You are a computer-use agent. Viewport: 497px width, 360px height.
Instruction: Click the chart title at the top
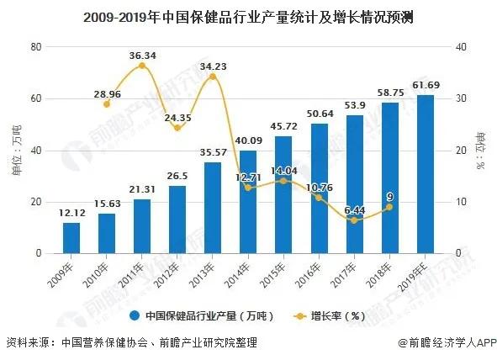click(247, 17)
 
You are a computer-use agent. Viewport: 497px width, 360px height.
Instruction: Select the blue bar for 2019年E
click(426, 174)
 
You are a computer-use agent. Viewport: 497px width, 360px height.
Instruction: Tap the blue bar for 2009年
click(72, 238)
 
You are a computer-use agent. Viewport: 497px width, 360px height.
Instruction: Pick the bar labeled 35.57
click(214, 208)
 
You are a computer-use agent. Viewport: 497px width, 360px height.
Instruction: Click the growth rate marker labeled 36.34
click(143, 66)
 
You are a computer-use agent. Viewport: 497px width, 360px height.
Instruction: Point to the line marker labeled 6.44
click(355, 220)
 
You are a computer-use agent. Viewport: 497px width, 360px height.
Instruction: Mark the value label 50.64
click(320, 113)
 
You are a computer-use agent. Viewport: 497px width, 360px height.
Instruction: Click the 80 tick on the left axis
click(36, 47)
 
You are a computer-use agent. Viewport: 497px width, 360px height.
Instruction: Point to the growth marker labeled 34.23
click(214, 77)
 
